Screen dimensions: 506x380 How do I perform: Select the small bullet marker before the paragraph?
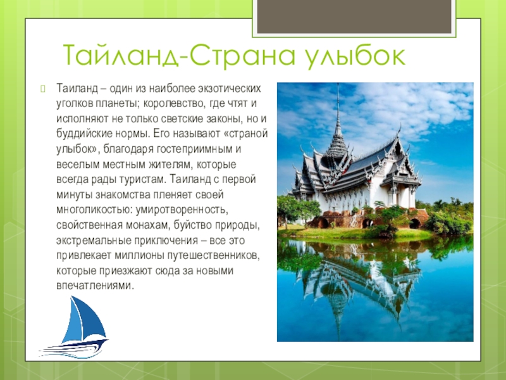43,88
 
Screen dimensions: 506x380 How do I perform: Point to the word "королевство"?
174,103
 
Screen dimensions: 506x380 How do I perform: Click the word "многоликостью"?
94,210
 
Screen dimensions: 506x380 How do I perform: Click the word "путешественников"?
214,256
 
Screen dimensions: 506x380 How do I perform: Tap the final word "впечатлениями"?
95,286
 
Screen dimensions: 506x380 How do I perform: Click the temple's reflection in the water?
358,278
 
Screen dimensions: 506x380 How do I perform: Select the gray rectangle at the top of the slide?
354,16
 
